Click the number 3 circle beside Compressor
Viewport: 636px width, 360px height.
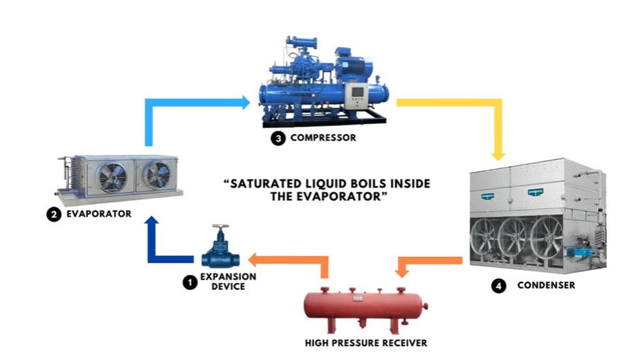(278, 138)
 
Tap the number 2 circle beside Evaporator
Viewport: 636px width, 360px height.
(54, 215)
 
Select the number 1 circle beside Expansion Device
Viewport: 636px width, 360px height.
(190, 282)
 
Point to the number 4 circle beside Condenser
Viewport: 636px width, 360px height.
(498, 286)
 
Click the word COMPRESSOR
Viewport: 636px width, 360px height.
(323, 138)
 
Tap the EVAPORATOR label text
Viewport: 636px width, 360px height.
(99, 214)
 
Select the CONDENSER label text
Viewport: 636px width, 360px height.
(546, 285)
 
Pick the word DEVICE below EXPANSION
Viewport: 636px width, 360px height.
(228, 287)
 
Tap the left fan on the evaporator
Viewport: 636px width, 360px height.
(111, 177)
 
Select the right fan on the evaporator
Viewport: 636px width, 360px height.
(157, 175)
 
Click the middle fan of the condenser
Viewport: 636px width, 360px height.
(512, 239)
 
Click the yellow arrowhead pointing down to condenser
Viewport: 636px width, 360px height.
(498, 156)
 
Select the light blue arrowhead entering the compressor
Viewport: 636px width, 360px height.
(246, 102)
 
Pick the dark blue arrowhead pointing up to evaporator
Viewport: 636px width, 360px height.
(152, 220)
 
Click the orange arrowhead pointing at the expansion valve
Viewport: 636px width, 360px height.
(253, 260)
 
